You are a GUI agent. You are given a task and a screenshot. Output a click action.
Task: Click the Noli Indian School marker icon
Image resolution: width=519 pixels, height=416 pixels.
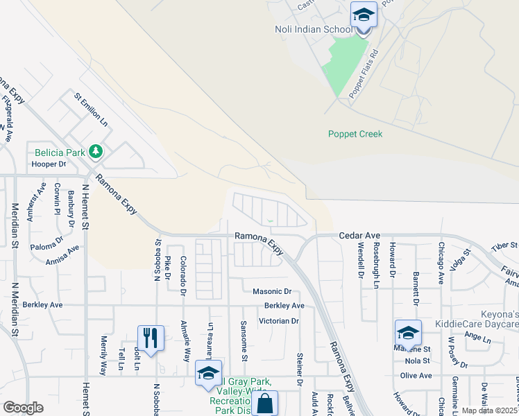click(363, 15)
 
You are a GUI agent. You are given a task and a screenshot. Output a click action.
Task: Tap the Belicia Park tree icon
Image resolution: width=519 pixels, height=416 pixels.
click(96, 151)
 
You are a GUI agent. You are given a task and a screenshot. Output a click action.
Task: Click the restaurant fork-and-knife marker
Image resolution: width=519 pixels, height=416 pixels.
click(151, 338)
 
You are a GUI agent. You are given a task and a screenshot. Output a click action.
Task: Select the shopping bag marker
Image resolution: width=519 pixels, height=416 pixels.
click(264, 404)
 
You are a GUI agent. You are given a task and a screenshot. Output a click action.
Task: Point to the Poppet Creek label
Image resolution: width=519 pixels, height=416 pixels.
click(355, 134)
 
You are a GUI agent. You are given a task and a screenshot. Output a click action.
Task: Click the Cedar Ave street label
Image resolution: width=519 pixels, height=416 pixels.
click(355, 236)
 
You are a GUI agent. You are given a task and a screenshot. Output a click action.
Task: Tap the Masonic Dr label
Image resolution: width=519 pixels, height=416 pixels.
click(272, 292)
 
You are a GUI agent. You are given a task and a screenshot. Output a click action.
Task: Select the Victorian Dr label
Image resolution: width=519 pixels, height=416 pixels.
click(278, 321)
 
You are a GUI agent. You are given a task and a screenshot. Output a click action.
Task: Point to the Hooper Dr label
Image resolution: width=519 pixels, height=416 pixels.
click(49, 164)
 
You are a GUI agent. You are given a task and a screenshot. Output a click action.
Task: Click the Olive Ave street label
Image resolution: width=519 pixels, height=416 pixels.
click(416, 375)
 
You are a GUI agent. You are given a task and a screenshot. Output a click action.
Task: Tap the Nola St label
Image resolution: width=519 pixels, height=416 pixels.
click(418, 361)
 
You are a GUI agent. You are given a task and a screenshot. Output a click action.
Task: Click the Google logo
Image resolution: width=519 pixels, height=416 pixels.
click(24, 408)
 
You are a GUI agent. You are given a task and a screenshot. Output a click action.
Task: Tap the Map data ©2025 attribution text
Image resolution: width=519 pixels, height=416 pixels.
click(490, 410)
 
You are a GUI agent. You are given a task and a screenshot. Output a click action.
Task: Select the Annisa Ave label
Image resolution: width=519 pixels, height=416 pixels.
click(62, 258)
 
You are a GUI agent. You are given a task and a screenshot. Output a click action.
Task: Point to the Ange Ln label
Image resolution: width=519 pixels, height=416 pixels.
click(477, 336)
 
